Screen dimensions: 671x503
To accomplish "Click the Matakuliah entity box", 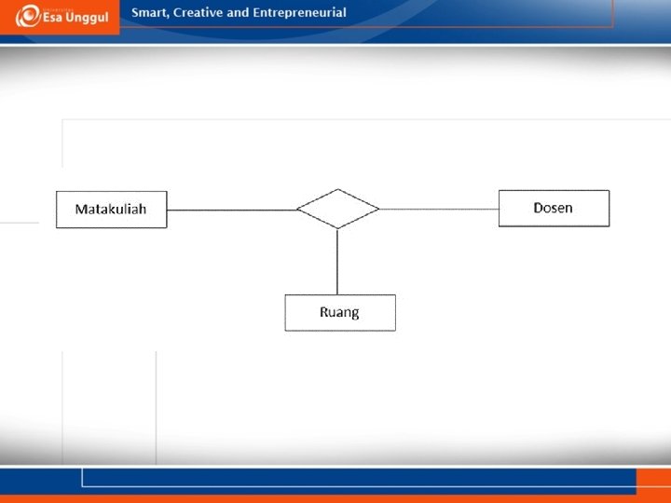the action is [x=111, y=210].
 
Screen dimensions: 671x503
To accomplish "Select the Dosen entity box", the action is [x=554, y=208].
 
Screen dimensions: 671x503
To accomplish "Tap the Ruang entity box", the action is [x=339, y=313].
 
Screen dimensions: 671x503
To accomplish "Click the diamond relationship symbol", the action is [x=337, y=209].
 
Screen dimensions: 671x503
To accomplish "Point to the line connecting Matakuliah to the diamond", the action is [x=231, y=210].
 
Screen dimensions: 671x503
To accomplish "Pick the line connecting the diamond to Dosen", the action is [x=439, y=209].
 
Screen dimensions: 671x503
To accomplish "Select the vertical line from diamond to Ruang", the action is [x=337, y=262].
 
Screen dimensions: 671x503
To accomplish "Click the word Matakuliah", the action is [x=111, y=210].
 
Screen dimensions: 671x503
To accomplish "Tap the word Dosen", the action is [x=553, y=208].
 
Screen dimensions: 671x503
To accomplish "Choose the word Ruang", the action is [x=339, y=313].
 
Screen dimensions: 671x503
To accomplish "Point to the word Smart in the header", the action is [x=149, y=13].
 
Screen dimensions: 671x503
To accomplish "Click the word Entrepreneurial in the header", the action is [x=299, y=13].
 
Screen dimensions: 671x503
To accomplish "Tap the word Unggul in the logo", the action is [x=86, y=19].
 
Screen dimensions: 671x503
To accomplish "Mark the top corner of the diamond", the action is [x=337, y=190].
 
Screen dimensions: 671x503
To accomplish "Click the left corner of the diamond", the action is [x=297, y=209].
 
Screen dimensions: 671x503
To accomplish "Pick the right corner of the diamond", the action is [x=378, y=209].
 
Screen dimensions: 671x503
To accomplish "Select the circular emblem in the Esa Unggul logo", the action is [x=26, y=17].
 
